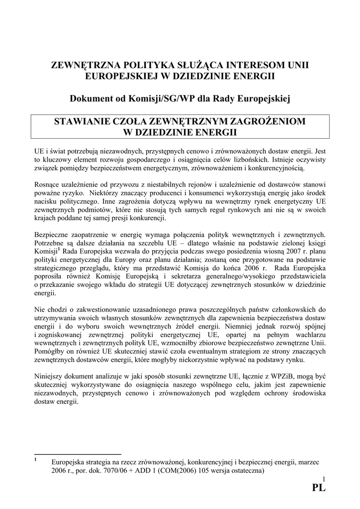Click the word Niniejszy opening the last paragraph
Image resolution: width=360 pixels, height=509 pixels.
(x=49, y=375)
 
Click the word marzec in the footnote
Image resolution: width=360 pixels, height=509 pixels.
(x=308, y=461)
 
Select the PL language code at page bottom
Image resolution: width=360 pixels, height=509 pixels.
(x=318, y=488)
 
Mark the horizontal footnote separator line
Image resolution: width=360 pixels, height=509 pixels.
(x=78, y=454)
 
